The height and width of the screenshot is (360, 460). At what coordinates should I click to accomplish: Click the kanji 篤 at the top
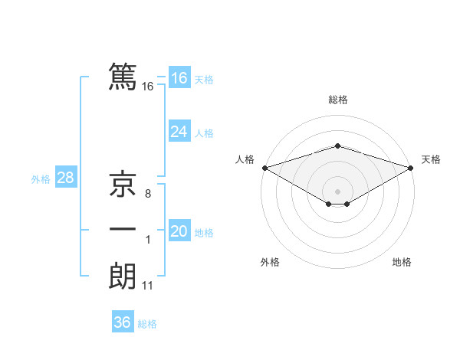coord(123,77)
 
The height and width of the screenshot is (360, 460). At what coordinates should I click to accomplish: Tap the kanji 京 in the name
coord(123,185)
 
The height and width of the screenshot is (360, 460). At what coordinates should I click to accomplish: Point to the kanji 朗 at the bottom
coord(123,276)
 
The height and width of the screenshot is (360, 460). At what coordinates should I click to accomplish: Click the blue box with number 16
coord(179,78)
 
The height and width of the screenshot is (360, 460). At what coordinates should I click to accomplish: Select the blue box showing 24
coord(179,132)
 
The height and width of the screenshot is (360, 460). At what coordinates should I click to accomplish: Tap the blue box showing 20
coord(179,231)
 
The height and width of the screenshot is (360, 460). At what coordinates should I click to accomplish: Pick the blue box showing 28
coord(65,178)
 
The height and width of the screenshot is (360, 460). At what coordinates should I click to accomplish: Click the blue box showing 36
coord(122,322)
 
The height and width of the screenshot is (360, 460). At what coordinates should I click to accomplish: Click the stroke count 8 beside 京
coord(148,195)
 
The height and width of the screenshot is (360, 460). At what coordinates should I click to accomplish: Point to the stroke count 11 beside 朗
coord(148,286)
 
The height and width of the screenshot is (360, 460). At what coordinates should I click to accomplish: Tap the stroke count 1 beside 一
coord(148,240)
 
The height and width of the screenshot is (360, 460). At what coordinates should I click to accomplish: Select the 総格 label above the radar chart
coord(338,100)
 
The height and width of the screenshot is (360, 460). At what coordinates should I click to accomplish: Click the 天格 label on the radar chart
coord(431,159)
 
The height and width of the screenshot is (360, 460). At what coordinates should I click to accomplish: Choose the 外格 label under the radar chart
coord(270,262)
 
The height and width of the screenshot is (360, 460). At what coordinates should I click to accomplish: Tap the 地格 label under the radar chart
coord(402,262)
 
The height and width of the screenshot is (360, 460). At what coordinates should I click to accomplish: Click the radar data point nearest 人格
coord(264,168)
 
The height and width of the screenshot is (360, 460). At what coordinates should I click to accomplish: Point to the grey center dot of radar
coord(338,191)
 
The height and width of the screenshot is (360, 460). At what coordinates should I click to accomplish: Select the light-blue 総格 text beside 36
coord(147,324)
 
